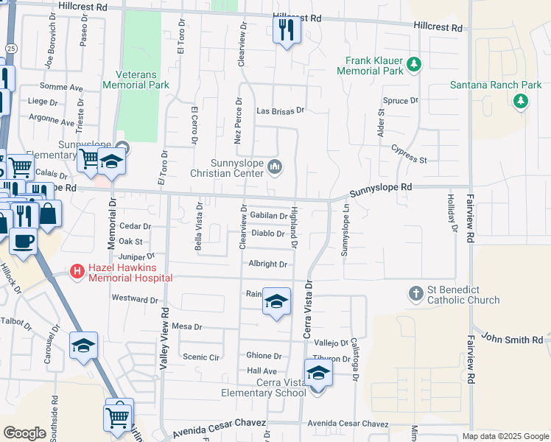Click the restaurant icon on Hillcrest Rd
286,30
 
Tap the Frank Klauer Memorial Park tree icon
414,64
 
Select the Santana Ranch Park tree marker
522,101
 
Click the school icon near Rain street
276,302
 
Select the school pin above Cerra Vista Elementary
318,373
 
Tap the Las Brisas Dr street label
280,110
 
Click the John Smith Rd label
512,338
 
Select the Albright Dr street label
267,264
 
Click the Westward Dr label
135,299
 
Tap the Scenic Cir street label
201,357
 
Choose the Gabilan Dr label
268,216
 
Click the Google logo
24,433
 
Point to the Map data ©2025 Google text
504,436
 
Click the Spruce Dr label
401,99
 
